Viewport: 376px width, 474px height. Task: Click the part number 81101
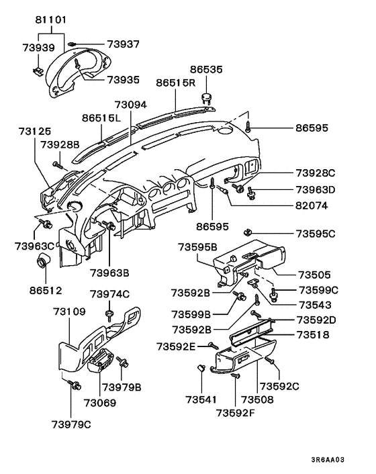pos(50,20)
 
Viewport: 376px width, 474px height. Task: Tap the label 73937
pos(104,44)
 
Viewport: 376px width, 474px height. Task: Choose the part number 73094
pos(130,105)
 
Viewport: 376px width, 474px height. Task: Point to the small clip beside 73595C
pos(247,232)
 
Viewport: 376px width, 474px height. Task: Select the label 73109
pos(70,312)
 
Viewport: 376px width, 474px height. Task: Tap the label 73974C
pos(109,294)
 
